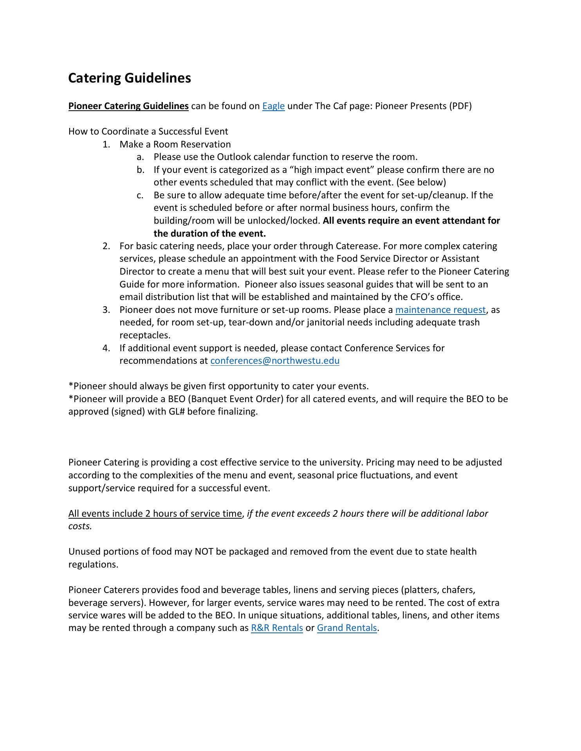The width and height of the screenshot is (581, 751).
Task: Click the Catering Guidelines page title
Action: coord(130,78)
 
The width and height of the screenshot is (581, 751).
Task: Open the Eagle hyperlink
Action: coord(273,106)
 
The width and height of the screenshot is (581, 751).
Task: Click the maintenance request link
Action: coord(440,310)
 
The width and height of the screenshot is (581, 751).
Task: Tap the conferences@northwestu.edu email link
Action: coord(275,361)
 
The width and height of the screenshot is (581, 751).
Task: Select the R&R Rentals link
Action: coord(277,628)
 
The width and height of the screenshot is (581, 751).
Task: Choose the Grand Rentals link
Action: coord(347,628)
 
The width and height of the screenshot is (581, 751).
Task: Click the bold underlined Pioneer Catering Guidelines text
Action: coord(128,106)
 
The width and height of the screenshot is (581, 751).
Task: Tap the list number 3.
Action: coord(106,310)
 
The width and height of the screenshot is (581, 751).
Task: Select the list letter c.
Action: coord(140,195)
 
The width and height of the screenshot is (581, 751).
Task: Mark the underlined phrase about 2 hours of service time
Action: coord(155,514)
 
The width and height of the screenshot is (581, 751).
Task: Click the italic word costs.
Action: coord(80,526)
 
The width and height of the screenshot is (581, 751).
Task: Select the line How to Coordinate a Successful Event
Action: coord(148,131)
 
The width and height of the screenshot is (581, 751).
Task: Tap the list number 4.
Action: coord(106,348)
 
